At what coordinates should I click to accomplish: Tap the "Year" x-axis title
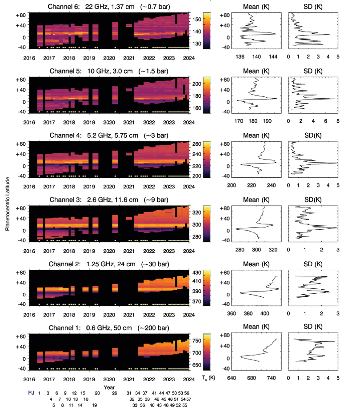[x=109, y=387]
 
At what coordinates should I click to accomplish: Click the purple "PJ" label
[x=31, y=393]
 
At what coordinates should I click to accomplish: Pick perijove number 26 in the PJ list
[x=115, y=393]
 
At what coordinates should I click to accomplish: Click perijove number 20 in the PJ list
[x=97, y=393]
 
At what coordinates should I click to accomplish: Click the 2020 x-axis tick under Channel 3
[x=109, y=250]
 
